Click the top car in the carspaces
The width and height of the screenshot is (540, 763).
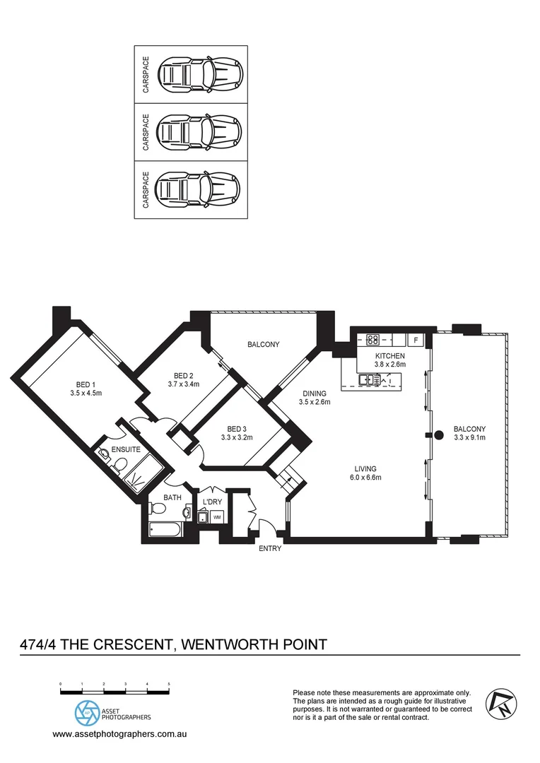click(200, 73)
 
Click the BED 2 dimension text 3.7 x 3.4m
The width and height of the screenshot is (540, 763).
click(184, 385)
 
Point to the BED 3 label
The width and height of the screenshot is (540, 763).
click(237, 429)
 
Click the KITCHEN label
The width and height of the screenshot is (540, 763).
click(390, 355)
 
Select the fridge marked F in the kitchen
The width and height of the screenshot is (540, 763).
click(416, 340)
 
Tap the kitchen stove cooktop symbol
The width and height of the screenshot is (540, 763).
click(373, 339)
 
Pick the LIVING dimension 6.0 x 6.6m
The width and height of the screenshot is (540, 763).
click(365, 478)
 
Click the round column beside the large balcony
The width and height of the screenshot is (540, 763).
click(438, 434)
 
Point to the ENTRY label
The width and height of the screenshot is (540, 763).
click(269, 549)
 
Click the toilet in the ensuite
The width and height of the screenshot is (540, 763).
click(120, 464)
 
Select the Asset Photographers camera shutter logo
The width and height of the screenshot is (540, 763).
click(88, 714)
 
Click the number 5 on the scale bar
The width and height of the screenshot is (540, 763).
click(169, 685)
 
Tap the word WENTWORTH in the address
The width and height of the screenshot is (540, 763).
click(230, 644)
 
